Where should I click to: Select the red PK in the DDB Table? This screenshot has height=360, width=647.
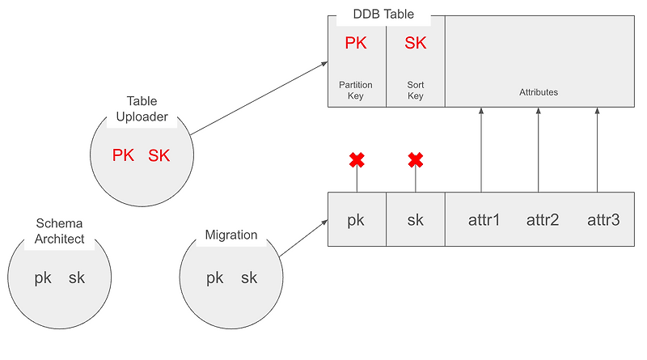(x=356, y=44)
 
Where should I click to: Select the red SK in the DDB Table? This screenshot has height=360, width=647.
(x=415, y=44)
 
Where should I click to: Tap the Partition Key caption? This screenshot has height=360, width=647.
(x=356, y=90)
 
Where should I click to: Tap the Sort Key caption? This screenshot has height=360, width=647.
(x=415, y=90)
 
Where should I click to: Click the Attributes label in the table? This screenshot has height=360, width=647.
(x=539, y=92)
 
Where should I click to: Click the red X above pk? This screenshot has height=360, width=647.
(x=357, y=160)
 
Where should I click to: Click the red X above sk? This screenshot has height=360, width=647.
(x=416, y=160)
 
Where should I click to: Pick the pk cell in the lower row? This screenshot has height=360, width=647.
(x=356, y=219)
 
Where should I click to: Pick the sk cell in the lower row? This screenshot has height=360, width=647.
(x=415, y=219)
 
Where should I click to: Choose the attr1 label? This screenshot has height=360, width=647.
(x=484, y=219)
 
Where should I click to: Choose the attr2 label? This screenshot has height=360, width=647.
(x=542, y=219)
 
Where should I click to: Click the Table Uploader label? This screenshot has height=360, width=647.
(x=142, y=109)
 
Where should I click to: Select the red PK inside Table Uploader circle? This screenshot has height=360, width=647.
(x=123, y=155)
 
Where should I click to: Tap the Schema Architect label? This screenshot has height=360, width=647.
(x=59, y=231)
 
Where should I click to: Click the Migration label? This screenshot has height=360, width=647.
(x=230, y=235)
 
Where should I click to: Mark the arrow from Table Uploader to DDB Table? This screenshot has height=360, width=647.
(x=259, y=99)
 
